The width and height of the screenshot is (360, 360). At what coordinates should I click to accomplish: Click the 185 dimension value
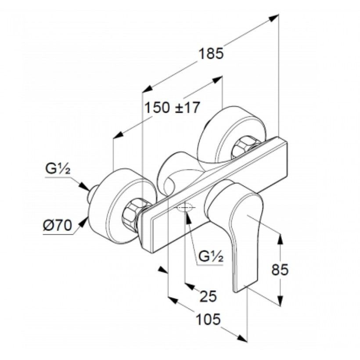click(211, 54)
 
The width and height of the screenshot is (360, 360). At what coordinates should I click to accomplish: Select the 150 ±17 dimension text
click(172, 107)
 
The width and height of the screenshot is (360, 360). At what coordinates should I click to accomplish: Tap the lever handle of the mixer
click(239, 233)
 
